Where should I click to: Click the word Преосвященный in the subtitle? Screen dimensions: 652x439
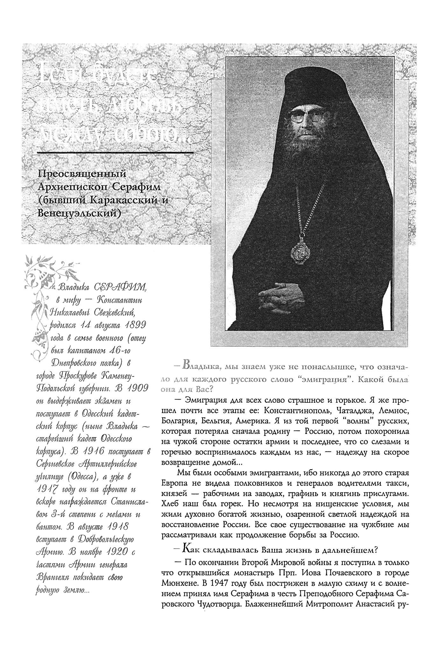82,174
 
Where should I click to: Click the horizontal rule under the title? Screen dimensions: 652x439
116,153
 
